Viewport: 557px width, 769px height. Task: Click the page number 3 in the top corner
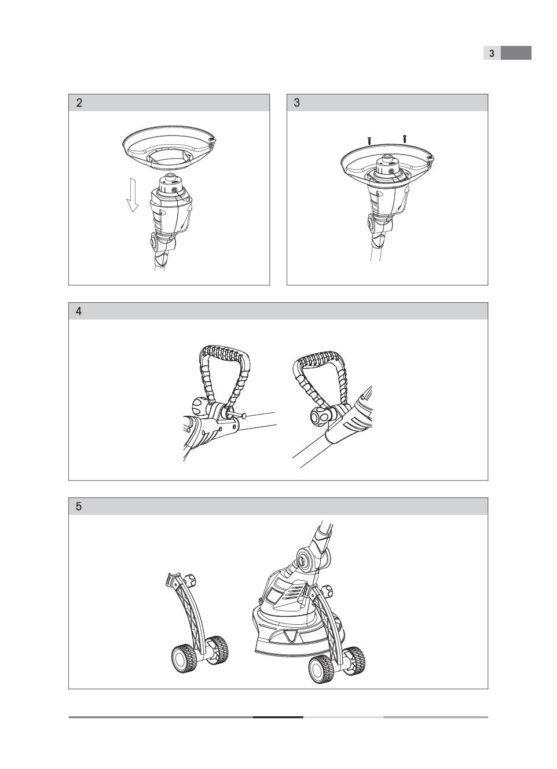click(492, 53)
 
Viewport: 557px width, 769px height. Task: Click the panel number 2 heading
click(79, 103)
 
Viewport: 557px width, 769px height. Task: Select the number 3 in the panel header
click(297, 103)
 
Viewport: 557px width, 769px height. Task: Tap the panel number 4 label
click(79, 312)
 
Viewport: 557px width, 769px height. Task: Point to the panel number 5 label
click(79, 506)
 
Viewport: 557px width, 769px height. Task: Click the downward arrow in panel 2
click(132, 196)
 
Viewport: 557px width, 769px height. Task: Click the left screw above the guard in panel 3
click(369, 141)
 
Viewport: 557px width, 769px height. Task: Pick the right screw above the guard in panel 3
click(405, 138)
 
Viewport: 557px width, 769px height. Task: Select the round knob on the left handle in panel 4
click(199, 407)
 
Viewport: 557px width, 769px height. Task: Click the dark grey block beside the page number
click(516, 53)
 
